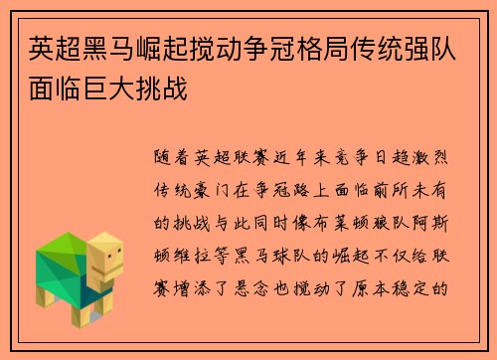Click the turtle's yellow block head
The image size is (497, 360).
[107, 261]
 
